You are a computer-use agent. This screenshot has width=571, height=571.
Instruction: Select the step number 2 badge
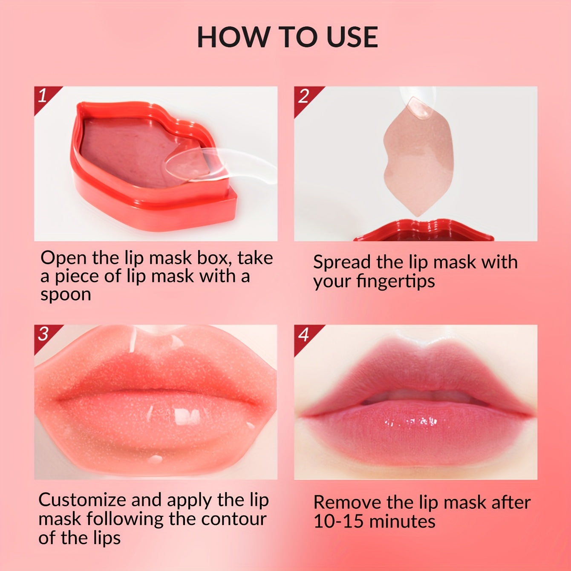pyautogui.click(x=303, y=96)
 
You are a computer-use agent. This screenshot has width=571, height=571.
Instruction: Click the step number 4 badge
pyautogui.click(x=303, y=335)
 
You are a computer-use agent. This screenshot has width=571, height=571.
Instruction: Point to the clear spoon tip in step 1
pyautogui.click(x=187, y=164)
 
